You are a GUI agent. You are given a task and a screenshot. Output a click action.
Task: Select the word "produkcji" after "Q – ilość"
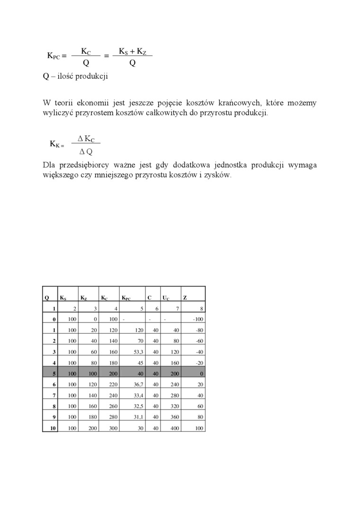click(92, 76)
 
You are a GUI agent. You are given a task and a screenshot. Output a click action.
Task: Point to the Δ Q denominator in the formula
click(86, 152)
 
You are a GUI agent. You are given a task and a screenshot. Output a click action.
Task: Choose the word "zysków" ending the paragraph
click(218, 175)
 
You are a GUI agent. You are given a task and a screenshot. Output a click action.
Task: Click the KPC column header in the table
click(126, 298)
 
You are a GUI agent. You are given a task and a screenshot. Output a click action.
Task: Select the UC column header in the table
click(165, 298)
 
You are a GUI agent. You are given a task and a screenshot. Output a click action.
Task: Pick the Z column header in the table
click(185, 298)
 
